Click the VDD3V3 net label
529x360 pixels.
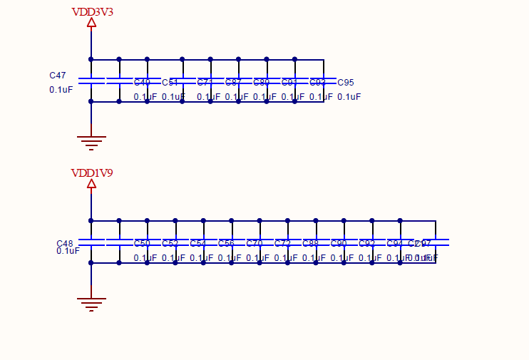(x=92, y=12)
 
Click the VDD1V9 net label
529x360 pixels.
(x=92, y=173)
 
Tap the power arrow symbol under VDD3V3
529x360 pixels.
(x=91, y=23)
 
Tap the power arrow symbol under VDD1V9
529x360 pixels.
(x=91, y=184)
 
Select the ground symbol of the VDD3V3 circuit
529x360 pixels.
(x=91, y=142)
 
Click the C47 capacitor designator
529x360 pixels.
(x=58, y=76)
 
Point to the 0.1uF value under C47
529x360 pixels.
(x=61, y=90)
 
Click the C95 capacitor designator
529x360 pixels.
(x=346, y=83)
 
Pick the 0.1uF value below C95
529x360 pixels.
(x=349, y=97)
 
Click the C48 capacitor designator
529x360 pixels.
(x=65, y=244)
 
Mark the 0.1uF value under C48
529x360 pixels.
(x=68, y=251)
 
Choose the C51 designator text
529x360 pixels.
(x=170, y=83)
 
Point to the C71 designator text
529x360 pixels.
(x=205, y=83)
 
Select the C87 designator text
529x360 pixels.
(x=233, y=83)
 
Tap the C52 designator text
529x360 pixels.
(x=170, y=244)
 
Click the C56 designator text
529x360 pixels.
(x=226, y=244)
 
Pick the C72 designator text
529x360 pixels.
(x=282, y=244)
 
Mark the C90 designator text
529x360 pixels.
(x=339, y=244)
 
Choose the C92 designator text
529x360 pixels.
(x=366, y=244)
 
